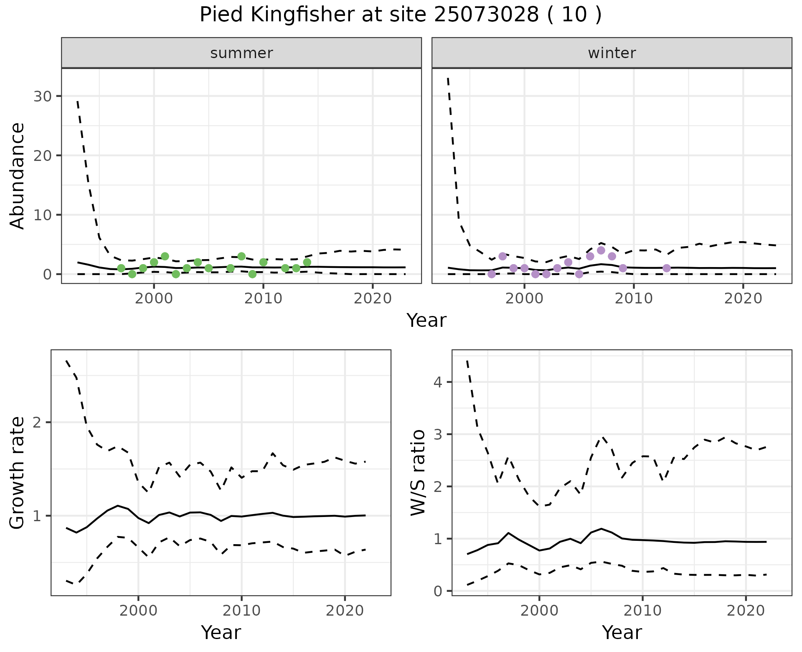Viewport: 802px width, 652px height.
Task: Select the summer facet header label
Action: point(241,53)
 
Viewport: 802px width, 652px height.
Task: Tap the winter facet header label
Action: point(612,53)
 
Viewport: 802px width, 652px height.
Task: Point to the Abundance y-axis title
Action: point(18,176)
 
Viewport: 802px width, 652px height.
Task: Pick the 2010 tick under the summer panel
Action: point(263,298)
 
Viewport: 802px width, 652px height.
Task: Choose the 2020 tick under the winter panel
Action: point(743,298)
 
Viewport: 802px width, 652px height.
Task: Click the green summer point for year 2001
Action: point(165,256)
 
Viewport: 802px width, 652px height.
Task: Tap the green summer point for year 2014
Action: point(307,262)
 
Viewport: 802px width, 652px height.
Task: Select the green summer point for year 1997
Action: point(121,268)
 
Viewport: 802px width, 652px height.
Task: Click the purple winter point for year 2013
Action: point(667,268)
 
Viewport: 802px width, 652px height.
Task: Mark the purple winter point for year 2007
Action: point(601,250)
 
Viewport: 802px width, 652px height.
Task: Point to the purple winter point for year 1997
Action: point(492,274)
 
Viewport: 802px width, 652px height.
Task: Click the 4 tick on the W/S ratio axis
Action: point(438,382)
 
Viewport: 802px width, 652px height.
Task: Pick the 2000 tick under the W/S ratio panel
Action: point(539,611)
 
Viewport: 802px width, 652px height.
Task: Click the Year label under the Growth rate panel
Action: point(221,632)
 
